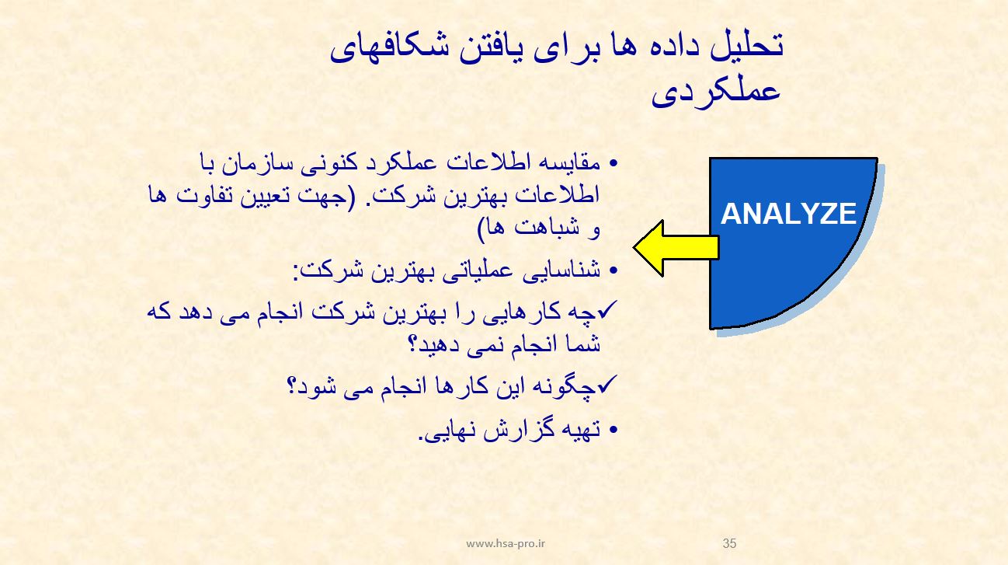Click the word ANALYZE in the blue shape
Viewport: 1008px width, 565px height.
click(x=788, y=214)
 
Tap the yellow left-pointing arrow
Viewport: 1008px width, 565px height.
click(x=676, y=248)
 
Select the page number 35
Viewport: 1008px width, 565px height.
click(x=729, y=543)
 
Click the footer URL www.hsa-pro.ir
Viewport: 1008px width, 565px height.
click(x=506, y=543)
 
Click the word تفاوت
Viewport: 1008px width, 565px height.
click(x=205, y=195)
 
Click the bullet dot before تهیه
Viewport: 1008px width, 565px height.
click(x=613, y=431)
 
